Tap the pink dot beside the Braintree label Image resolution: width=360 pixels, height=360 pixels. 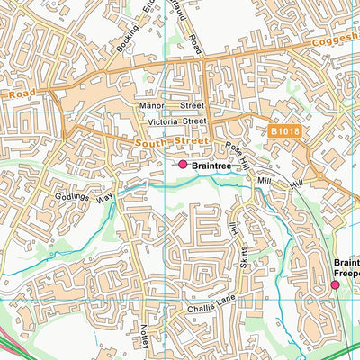click(183, 165)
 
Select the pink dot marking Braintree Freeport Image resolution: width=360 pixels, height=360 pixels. click(335, 284)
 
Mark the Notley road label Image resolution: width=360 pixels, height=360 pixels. click(144, 340)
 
